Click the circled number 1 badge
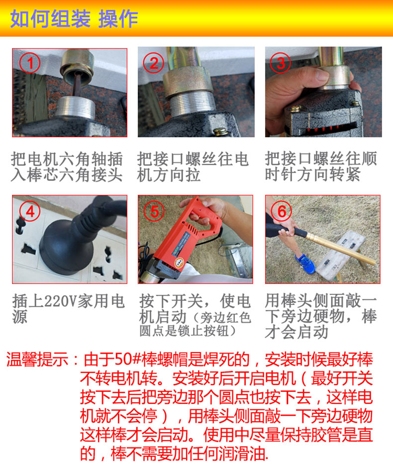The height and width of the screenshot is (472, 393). [x=30, y=63]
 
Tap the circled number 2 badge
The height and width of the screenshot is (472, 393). [x=154, y=63]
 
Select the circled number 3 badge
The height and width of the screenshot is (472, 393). [x=281, y=63]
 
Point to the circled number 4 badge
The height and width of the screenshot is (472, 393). [x=30, y=211]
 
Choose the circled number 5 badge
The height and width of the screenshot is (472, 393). [x=154, y=211]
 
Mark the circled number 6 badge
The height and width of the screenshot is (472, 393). [x=281, y=211]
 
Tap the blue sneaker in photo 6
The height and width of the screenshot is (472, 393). [x=305, y=264]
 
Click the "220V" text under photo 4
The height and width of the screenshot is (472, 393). [x=60, y=301]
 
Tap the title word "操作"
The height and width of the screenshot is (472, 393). [x=118, y=19]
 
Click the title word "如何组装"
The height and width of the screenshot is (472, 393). [x=50, y=19]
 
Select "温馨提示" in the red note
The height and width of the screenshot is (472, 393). [x=37, y=360]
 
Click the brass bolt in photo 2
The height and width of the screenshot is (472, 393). [x=220, y=131]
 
